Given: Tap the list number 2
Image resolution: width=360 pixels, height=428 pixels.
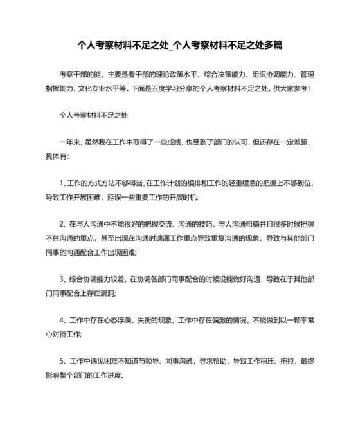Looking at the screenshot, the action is (x=61, y=225).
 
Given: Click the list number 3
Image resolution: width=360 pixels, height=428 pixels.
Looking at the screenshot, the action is (x=61, y=279).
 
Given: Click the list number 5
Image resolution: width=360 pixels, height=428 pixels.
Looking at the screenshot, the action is (x=61, y=360).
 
